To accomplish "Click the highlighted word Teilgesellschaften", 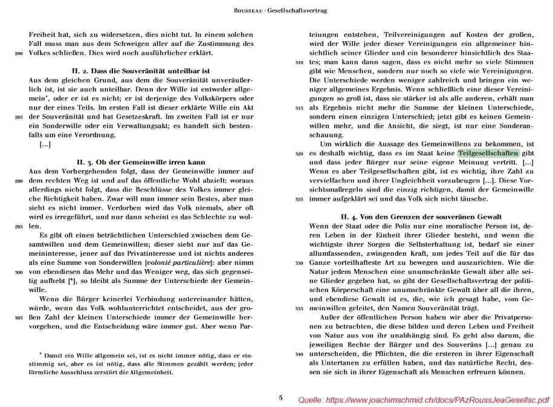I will [x=487, y=154].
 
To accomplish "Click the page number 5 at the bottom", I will [x=280, y=397].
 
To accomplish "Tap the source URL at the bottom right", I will [x=424, y=400].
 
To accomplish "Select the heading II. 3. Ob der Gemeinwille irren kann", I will [x=141, y=162].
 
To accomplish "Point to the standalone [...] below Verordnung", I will [x=45, y=145].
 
